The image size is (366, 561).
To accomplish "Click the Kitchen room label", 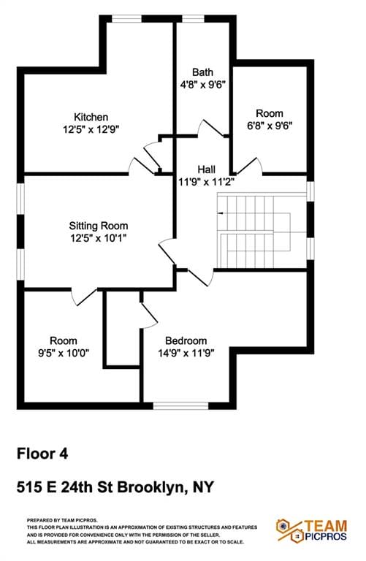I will pos(91,117).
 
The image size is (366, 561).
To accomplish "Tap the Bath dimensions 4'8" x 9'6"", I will pos(202,84).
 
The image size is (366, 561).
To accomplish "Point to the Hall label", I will pos(206,169).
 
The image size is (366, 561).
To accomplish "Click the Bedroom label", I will pos(186,341).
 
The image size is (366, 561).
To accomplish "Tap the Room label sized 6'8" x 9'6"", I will pos(269,113).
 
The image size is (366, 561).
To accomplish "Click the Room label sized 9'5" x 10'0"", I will pos(63,341).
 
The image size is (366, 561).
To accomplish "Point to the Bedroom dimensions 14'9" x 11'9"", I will pos(186,353).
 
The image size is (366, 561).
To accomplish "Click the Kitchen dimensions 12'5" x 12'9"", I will pos(91,129).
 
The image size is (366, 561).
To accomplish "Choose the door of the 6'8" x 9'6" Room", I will pos(251,165).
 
